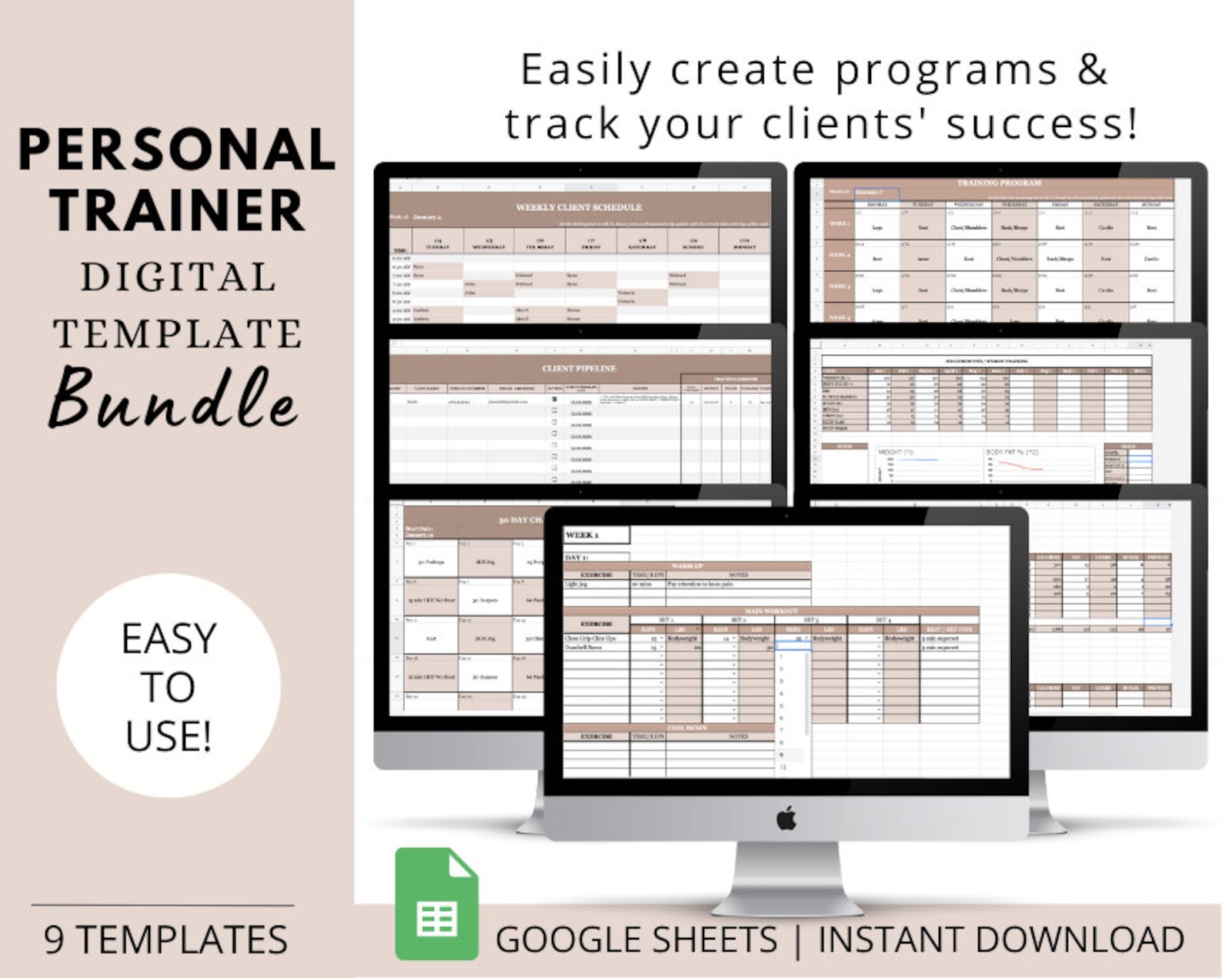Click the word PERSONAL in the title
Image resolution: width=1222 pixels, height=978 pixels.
click(x=177, y=149)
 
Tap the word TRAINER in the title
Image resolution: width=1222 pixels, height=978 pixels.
click(x=177, y=209)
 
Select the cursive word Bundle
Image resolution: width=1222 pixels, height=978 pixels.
click(x=174, y=399)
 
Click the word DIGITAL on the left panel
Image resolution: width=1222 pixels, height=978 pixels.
click(x=178, y=277)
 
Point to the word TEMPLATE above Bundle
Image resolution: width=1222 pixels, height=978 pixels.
click(x=178, y=333)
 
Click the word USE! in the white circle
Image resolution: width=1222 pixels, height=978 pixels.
click(x=169, y=736)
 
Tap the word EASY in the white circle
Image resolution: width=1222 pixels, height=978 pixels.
click(x=169, y=638)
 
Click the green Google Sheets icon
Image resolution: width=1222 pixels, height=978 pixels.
click(x=436, y=904)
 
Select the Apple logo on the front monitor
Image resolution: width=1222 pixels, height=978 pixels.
click(x=786, y=818)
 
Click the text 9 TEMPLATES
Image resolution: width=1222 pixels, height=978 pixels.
click(x=166, y=939)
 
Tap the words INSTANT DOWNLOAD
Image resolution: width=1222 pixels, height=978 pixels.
click(x=1000, y=939)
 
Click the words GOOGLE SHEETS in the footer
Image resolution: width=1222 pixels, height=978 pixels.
click(x=636, y=939)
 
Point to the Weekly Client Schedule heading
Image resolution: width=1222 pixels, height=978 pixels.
click(x=579, y=207)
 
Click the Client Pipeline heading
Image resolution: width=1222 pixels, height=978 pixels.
click(x=579, y=368)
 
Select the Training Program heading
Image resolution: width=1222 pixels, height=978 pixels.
click(x=999, y=183)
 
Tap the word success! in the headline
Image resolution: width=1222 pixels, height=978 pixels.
click(x=1042, y=124)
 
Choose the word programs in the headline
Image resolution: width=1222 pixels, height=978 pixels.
click(x=947, y=71)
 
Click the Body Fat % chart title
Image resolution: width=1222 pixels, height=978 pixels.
click(x=1006, y=452)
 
